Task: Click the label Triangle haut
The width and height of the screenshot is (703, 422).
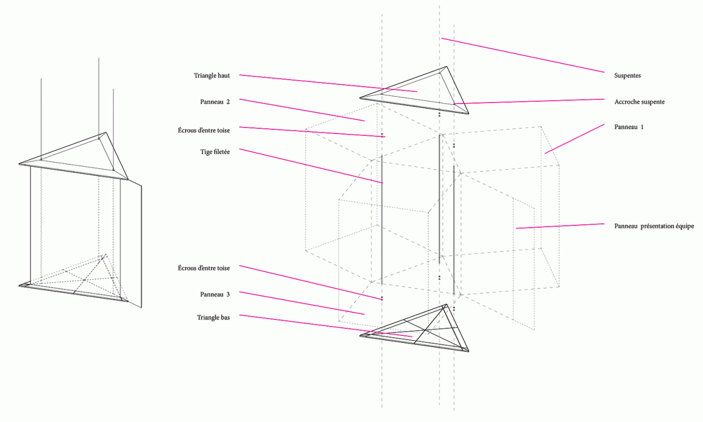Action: (x=211, y=76)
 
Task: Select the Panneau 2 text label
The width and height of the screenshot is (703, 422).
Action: (x=214, y=102)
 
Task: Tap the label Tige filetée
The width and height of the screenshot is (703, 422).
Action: (x=215, y=152)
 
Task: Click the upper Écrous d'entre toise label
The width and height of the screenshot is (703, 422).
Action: (x=204, y=130)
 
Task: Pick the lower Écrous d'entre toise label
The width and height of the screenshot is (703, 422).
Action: (x=204, y=268)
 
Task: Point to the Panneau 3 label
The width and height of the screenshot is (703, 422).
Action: (x=214, y=294)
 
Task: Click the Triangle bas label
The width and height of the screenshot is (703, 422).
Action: (x=213, y=318)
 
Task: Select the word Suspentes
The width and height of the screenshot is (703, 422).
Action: (x=627, y=76)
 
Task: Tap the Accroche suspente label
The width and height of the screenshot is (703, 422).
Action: (x=639, y=102)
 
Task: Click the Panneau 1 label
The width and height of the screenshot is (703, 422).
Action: (x=629, y=127)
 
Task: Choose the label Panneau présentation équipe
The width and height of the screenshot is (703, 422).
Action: (x=654, y=226)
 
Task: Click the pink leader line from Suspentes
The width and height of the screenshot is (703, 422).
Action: (x=523, y=55)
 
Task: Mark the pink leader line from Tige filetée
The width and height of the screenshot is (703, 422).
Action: (x=311, y=166)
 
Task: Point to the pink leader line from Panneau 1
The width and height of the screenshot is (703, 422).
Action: (x=575, y=139)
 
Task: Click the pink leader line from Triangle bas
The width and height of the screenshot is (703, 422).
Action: (x=326, y=326)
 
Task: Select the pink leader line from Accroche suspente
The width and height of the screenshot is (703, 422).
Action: (x=529, y=101)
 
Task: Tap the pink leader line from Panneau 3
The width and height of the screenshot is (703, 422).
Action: (x=302, y=303)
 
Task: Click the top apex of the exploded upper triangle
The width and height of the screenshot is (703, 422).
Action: (x=446, y=67)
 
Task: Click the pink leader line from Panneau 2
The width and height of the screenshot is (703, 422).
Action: (x=302, y=110)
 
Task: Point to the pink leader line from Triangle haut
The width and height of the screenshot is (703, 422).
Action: (x=328, y=83)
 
